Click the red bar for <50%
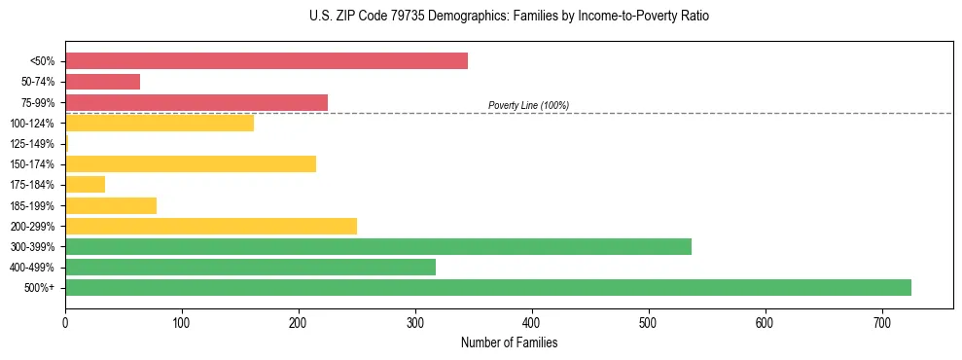(266, 61)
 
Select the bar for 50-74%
(102, 82)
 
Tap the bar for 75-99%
(196, 102)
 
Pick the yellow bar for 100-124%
(159, 123)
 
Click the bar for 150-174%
(190, 163)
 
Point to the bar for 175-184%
(85, 184)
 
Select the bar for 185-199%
(110, 205)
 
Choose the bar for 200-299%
(210, 226)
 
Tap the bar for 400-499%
(250, 267)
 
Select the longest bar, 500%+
(487, 287)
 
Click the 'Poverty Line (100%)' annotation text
(528, 105)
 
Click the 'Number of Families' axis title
(509, 342)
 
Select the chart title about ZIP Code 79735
(509, 17)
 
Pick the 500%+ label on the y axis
(41, 288)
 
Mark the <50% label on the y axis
(42, 61)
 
